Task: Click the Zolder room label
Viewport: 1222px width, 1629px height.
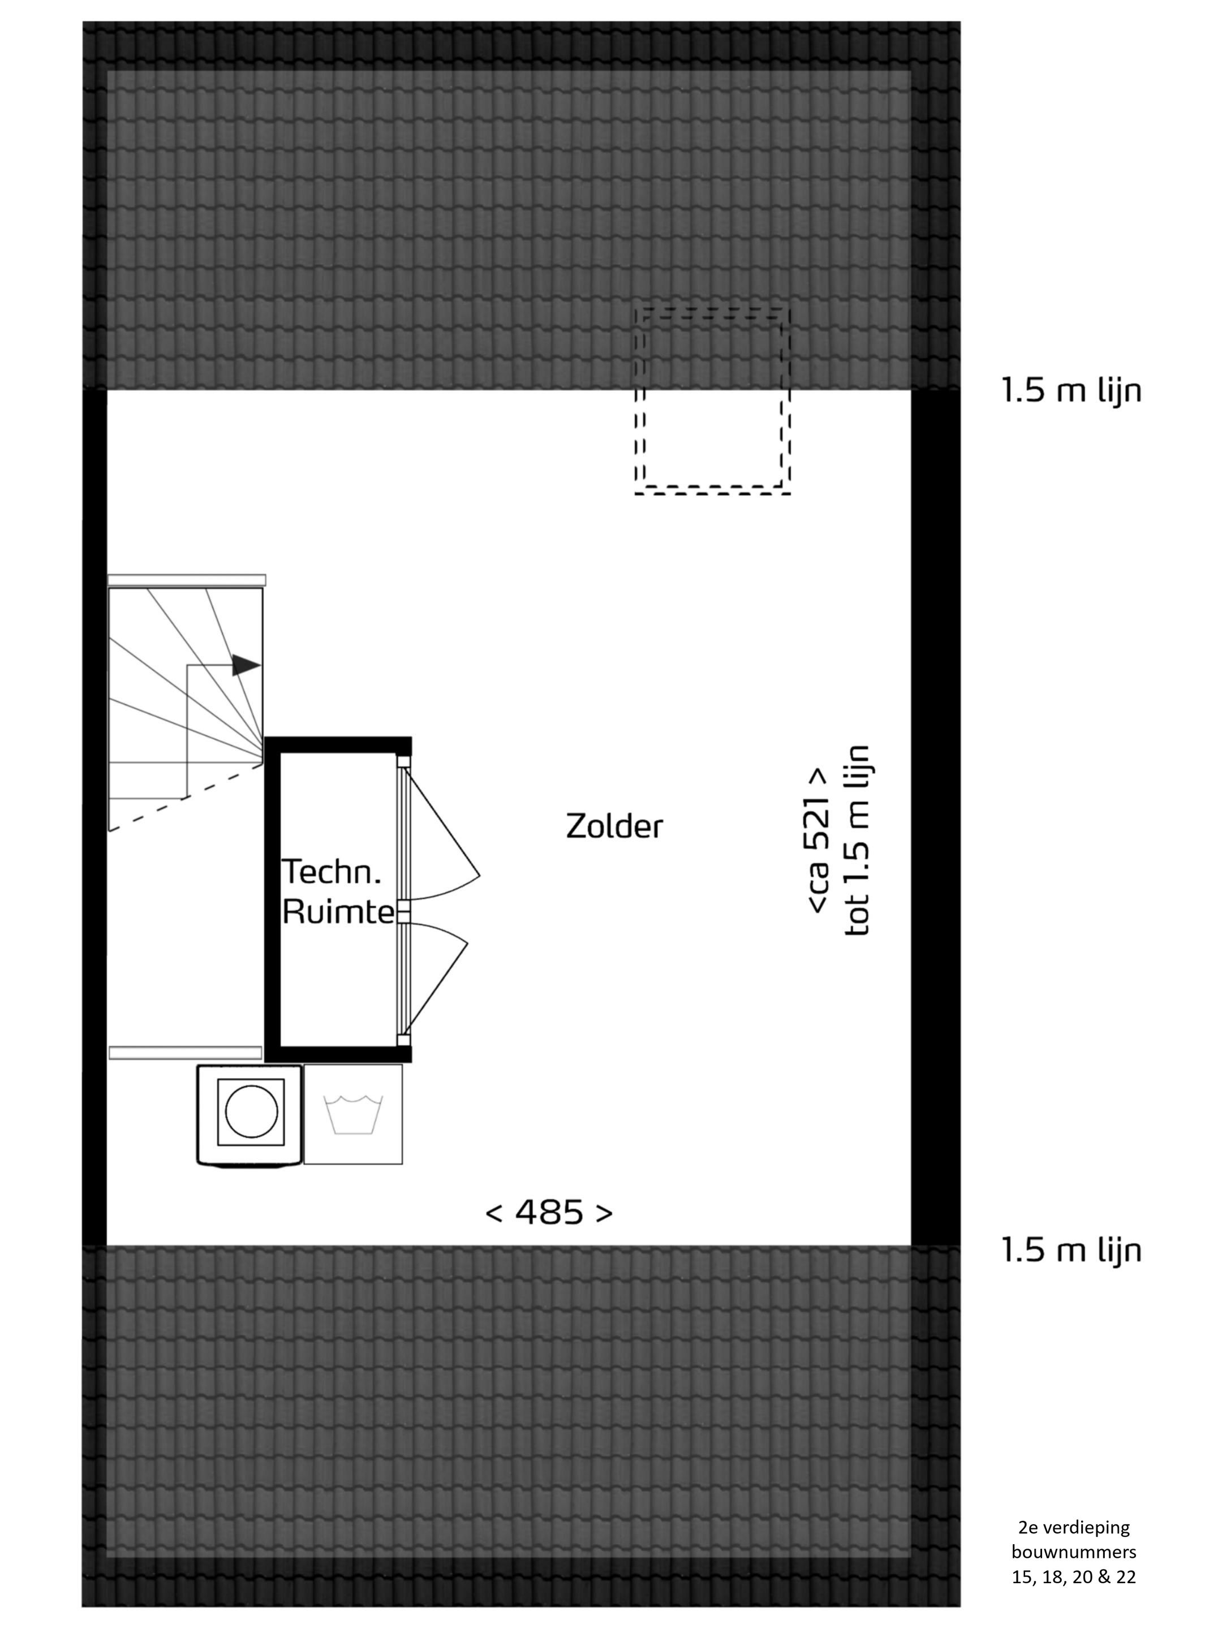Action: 614,826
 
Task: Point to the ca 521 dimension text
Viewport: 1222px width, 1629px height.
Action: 819,841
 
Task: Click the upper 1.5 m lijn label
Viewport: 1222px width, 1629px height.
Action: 1071,390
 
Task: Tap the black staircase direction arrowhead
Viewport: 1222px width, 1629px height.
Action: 247,665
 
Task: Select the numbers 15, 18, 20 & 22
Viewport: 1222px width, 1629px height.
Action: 1073,1573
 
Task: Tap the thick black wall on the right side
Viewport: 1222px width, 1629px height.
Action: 936,817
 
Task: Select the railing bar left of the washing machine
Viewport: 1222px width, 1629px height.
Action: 186,1053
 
